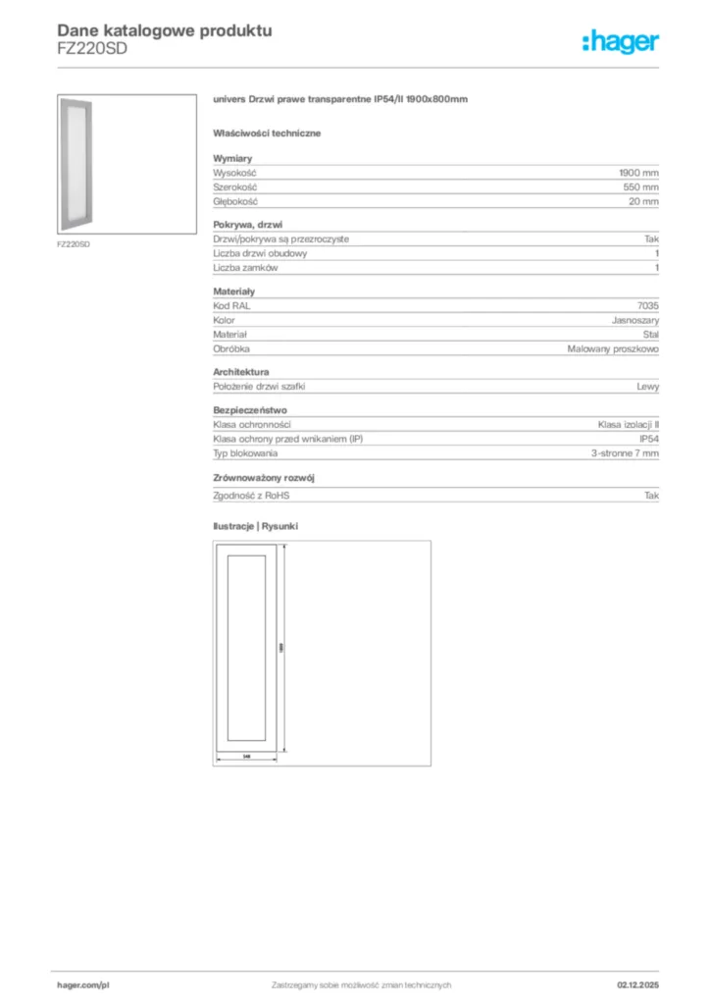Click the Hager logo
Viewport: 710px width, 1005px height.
(620, 40)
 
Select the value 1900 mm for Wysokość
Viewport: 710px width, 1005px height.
(638, 172)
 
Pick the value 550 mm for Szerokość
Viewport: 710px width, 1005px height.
(641, 186)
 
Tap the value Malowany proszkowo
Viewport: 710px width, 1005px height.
(613, 348)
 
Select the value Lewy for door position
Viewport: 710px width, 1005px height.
(647, 387)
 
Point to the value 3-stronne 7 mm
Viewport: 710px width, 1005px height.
(625, 453)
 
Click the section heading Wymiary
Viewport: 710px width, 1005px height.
(233, 158)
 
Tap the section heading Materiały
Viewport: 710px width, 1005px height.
(234, 292)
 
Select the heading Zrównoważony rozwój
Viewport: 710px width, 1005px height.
(263, 478)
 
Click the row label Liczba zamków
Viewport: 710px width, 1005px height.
(246, 267)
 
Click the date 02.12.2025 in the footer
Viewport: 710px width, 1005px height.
(637, 984)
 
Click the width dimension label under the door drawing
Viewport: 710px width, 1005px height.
(247, 756)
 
